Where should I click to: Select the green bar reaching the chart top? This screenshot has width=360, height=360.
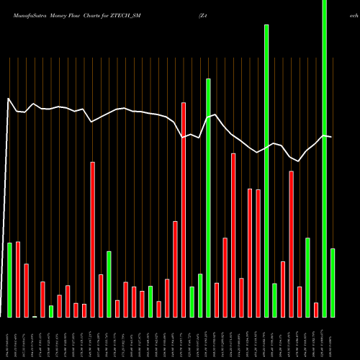coord(324,158)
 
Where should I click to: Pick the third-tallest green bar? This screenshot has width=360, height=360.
coord(208,198)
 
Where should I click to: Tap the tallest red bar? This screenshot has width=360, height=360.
coord(184,210)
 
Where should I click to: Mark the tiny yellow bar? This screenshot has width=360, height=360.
coord(35,316)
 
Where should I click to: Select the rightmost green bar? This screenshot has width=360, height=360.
coord(333,282)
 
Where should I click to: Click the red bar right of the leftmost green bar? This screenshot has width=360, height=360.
coord(18,279)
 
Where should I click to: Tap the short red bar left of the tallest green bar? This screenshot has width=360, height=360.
coord(316,310)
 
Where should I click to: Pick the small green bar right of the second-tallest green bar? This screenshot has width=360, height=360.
coord(275,300)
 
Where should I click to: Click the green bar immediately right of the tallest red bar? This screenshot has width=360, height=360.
coord(192,302)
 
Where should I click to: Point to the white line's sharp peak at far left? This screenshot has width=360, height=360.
coord(8,99)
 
